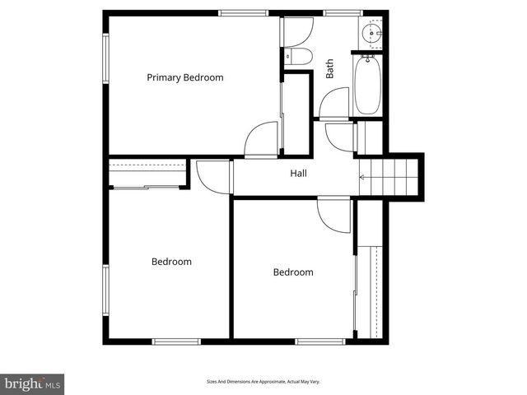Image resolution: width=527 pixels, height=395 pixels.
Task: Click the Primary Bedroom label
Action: click(x=185, y=77)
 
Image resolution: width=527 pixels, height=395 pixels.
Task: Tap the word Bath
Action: click(x=330, y=68)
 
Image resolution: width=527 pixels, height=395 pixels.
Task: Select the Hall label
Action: click(x=298, y=174)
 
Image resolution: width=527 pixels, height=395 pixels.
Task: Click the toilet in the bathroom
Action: click(x=297, y=56)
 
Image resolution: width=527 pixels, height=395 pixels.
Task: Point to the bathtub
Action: click(x=367, y=86)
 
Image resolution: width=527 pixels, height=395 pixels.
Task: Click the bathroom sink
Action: click(x=371, y=34)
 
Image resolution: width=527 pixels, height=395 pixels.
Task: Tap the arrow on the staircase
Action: click(x=363, y=176)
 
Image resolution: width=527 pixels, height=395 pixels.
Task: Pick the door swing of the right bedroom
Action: click(x=333, y=215)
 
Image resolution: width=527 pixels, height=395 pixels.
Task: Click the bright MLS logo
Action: click(x=31, y=383)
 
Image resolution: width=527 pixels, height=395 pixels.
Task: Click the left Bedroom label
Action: click(x=171, y=262)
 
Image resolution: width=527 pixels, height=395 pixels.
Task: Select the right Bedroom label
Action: click(x=293, y=272)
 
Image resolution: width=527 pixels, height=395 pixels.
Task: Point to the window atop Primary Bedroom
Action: click(x=243, y=13)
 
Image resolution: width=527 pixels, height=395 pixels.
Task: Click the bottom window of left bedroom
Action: click(x=176, y=341)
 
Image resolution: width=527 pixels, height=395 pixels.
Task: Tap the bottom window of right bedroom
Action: click(x=319, y=341)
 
